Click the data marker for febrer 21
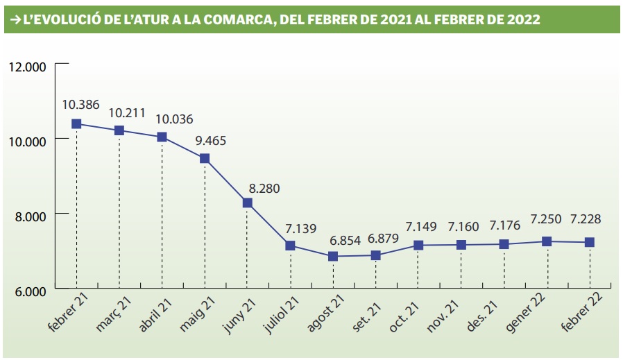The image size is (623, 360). pyautogui.click(x=76, y=124)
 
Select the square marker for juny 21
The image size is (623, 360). pyautogui.click(x=248, y=203)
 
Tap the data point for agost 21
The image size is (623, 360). pyautogui.click(x=333, y=257)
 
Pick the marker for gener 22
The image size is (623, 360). pyautogui.click(x=547, y=241)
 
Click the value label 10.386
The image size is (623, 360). pyautogui.click(x=80, y=105)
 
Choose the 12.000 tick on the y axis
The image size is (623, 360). pyautogui.click(x=27, y=67)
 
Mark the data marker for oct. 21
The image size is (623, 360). pyautogui.click(x=418, y=246)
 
